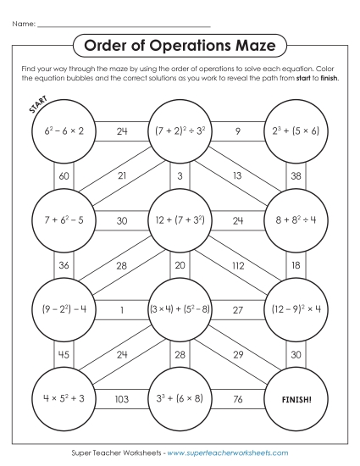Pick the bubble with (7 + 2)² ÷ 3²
pos(180,131)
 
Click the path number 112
pos(238,266)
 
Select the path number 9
pos(238,131)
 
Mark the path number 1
pos(121,310)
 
